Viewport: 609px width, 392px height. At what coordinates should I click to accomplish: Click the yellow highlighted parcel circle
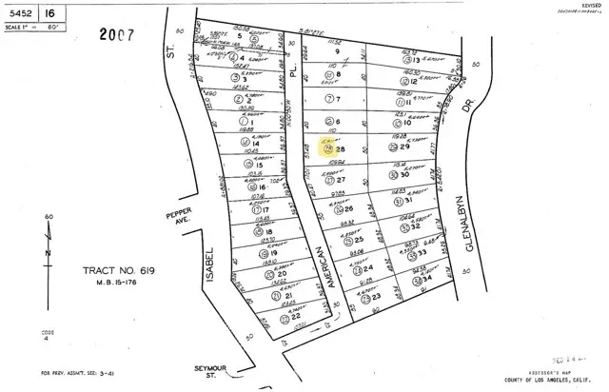click(x=329, y=149)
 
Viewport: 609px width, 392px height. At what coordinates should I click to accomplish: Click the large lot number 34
click(x=429, y=280)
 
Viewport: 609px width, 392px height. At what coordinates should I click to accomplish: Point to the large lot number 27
click(x=341, y=180)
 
